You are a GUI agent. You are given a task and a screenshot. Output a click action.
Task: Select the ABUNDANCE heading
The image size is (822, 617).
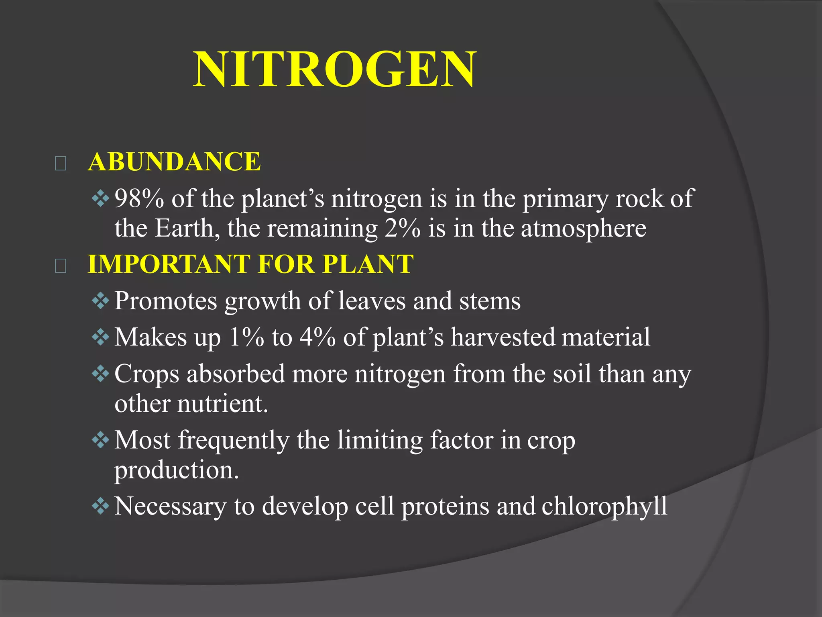[175, 161]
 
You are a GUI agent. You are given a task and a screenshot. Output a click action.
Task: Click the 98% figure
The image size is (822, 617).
[139, 198]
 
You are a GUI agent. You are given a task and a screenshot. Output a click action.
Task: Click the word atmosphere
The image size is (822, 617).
[584, 228]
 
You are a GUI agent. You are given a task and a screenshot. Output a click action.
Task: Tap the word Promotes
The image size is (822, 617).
[165, 301]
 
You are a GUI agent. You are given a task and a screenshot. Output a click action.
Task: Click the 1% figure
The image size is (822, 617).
[246, 337]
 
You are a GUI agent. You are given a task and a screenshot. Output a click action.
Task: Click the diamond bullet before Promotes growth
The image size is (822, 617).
[100, 301]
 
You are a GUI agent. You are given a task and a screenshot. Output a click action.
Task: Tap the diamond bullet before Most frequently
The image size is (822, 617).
[100, 440]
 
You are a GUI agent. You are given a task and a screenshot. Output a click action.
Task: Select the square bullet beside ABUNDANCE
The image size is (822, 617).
[61, 163]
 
